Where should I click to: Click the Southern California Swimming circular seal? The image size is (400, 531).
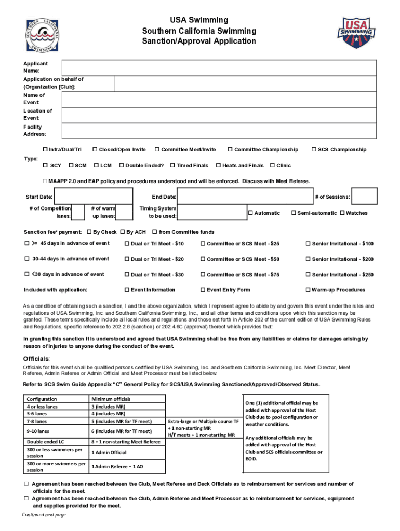point(43,35)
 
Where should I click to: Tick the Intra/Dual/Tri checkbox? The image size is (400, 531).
point(45,150)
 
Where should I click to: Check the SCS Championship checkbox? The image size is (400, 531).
point(314,150)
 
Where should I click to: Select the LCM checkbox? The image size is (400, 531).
point(96,166)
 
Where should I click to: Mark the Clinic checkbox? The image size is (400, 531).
point(272,166)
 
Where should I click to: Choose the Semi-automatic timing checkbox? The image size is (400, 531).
point(294,213)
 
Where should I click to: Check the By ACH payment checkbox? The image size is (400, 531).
point(123,232)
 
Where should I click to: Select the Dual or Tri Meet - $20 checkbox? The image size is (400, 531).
point(126,259)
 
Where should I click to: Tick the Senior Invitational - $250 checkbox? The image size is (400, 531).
point(308,275)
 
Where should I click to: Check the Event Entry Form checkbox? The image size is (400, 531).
point(203,290)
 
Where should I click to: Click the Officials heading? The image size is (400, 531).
point(36,359)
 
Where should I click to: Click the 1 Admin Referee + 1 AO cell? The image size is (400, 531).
point(127,467)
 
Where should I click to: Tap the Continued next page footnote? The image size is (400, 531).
point(44,515)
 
